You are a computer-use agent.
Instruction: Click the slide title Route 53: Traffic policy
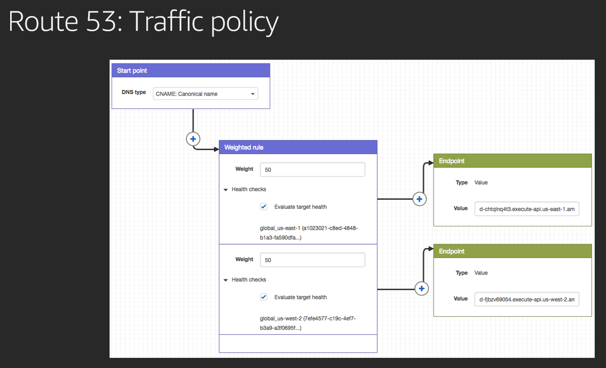[x=144, y=22]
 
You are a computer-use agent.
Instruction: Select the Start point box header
[x=191, y=70]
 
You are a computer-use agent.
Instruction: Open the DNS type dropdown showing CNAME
[x=206, y=94]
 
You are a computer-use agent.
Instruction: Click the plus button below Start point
[x=193, y=139]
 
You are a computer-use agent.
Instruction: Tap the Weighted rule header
[x=298, y=147]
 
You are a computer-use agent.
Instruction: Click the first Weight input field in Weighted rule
[x=312, y=169]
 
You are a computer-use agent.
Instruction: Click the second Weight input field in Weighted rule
[x=312, y=260]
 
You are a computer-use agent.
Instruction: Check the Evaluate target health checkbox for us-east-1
[x=264, y=206]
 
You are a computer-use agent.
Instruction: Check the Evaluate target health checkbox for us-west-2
[x=264, y=297]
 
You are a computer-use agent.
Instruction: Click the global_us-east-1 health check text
[x=309, y=233]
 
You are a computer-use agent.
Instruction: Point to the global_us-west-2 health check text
[x=308, y=323]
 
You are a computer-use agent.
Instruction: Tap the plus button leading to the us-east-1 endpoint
[x=419, y=199]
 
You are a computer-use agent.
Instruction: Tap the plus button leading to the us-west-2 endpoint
[x=422, y=289]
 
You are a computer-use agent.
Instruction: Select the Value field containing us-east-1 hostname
[x=527, y=209]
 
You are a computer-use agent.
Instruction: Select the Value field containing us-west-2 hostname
[x=527, y=299]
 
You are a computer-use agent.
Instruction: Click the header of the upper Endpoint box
[x=512, y=161]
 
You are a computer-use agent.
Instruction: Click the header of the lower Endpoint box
[x=512, y=251]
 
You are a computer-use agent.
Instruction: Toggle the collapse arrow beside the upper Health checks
[x=226, y=190]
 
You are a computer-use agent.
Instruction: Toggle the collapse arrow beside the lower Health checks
[x=226, y=280]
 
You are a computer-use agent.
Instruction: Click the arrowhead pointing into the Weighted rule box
[x=216, y=149]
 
